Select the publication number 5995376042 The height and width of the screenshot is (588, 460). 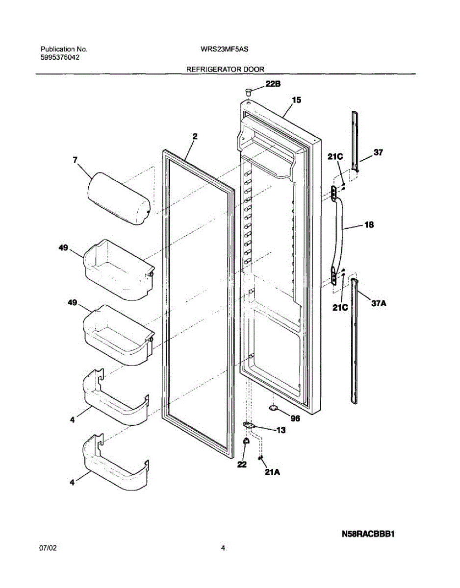tap(60, 57)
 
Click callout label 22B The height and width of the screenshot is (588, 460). tap(273, 84)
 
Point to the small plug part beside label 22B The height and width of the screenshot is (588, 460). tap(248, 91)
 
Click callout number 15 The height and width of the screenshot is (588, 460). tap(296, 100)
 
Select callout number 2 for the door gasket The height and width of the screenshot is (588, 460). tap(195, 137)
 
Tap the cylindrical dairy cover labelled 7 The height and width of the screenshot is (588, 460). tap(118, 198)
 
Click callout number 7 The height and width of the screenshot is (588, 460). tap(75, 160)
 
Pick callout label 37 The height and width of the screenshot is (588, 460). tap(378, 152)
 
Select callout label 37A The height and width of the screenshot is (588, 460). tap(379, 304)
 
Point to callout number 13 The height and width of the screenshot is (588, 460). tap(281, 430)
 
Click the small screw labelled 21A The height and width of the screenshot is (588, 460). tap(260, 458)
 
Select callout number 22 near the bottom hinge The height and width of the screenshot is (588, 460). tap(242, 465)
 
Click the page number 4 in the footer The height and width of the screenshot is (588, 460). tap(223, 549)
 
